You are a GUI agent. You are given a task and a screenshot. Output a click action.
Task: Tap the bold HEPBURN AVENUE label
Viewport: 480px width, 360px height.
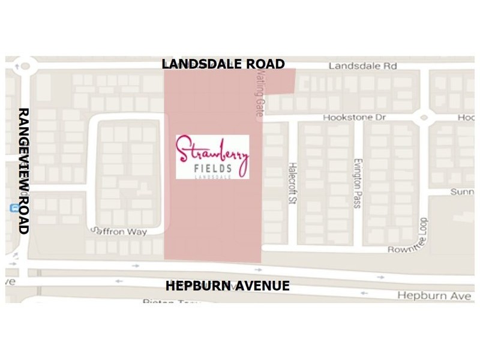point(227,286)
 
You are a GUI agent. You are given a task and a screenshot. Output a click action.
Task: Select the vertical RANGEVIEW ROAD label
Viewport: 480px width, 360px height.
point(23,171)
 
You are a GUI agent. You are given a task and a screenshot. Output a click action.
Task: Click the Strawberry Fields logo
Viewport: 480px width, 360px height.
point(212,157)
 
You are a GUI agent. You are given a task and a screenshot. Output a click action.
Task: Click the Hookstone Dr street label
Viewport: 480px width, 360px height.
point(353,118)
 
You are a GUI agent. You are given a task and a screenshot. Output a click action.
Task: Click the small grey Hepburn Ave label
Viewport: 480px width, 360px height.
point(427,296)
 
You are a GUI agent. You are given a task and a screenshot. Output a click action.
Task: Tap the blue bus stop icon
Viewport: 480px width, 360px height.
point(13,208)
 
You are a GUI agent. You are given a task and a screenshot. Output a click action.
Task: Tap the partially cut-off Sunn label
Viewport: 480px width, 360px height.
point(462,192)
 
